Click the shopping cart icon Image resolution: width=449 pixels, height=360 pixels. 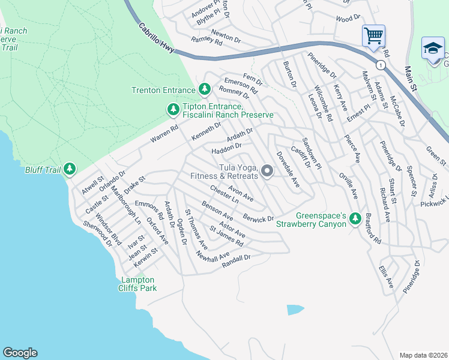(373, 35)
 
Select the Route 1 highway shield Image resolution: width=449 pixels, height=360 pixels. (380, 64)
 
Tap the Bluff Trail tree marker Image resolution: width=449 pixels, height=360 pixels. (70, 170)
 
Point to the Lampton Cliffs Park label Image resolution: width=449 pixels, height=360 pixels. (139, 284)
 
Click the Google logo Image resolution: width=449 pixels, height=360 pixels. (20, 353)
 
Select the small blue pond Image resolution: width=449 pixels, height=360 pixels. (295, 310)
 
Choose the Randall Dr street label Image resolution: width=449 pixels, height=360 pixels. (235, 257)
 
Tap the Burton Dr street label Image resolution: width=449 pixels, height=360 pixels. (289, 74)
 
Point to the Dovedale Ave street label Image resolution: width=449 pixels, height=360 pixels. (287, 170)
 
